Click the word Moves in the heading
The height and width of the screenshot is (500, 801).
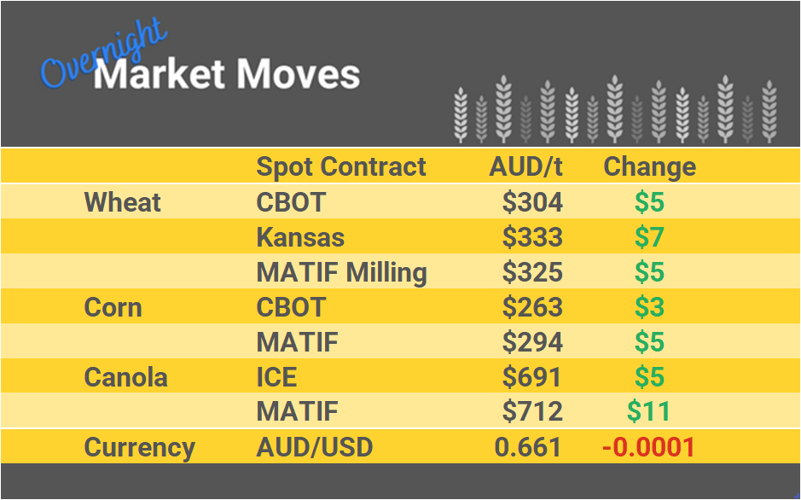click(297, 75)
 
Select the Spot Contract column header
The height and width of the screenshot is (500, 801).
click(341, 166)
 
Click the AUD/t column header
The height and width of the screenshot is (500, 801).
click(526, 166)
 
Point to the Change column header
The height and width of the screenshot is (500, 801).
click(649, 166)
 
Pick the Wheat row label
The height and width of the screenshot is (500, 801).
click(123, 202)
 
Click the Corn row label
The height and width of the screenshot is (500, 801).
click(113, 307)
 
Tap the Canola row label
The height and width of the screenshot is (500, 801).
click(126, 377)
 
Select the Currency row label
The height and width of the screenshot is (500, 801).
click(140, 447)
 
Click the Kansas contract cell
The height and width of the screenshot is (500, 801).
click(300, 237)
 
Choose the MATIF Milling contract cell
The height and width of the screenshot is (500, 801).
click(341, 272)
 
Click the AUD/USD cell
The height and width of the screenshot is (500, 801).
click(315, 447)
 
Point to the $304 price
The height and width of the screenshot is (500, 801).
click(532, 202)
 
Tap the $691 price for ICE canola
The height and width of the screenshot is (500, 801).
click(532, 377)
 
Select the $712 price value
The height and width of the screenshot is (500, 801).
click(532, 412)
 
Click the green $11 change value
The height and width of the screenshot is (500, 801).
click(648, 412)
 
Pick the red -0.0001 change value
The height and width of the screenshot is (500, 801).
click(647, 447)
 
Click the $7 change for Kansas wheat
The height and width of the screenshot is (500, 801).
click(649, 237)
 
